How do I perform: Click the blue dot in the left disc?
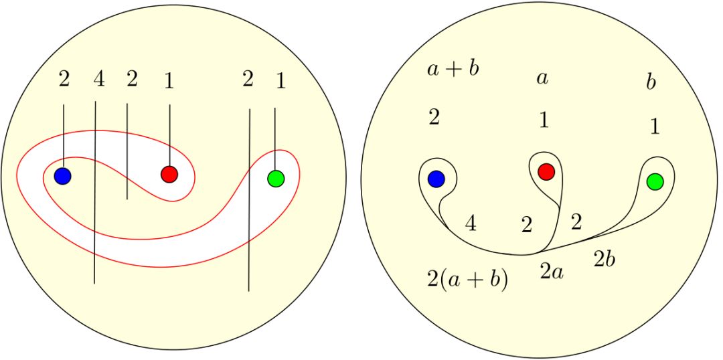point(62,176)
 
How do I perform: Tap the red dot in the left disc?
point(169,174)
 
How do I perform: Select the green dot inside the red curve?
point(275,178)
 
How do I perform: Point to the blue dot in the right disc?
point(436,179)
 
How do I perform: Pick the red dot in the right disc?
point(546,171)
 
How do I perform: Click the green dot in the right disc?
point(655,181)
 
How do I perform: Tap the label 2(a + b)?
point(467,278)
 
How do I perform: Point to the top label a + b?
point(453,69)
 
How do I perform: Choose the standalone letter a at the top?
point(542,78)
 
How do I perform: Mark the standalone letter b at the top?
point(651,82)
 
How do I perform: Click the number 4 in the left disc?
point(98,80)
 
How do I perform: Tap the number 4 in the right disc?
point(471,223)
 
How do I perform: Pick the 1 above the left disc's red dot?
point(169,81)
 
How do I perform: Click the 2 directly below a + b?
point(434,117)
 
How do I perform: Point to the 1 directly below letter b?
point(655,126)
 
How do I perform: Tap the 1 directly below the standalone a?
point(544,120)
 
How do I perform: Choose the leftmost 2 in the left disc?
point(64,80)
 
